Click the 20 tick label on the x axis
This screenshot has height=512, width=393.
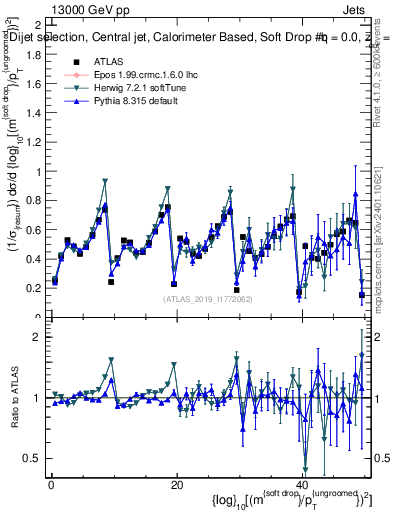(176, 484)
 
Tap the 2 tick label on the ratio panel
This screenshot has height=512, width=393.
(37, 337)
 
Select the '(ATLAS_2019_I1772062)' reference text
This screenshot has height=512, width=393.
(207, 299)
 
